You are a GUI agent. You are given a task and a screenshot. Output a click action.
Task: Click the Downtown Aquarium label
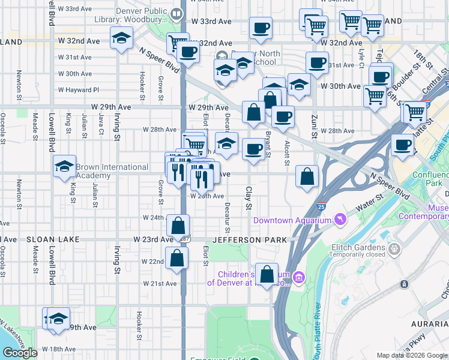click(x=292, y=220)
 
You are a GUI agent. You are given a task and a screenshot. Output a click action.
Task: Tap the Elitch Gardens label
click(x=358, y=247)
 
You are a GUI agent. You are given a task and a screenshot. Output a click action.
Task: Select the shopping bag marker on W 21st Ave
click(x=267, y=274)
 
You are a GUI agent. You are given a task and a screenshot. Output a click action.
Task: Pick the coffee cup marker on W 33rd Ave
click(x=261, y=28)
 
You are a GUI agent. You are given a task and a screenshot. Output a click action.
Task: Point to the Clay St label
click(x=248, y=198)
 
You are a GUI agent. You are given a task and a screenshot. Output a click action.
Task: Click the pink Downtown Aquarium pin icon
click(x=341, y=219)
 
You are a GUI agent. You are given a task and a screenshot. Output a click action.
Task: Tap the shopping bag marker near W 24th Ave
click(x=178, y=226)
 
